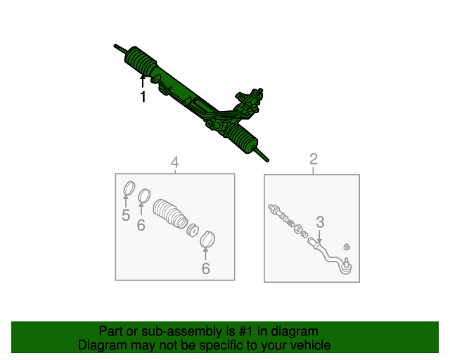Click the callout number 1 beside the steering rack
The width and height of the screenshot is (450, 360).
[x=143, y=96]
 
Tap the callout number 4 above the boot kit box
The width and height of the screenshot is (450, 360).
[x=175, y=162]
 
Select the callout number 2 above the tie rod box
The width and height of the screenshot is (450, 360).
[x=314, y=159]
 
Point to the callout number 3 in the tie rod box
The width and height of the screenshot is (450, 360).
[x=320, y=222]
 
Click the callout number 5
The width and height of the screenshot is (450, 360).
[x=126, y=215]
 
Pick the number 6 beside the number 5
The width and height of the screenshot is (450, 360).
[x=141, y=225]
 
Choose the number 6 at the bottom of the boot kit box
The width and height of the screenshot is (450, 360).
[x=206, y=269]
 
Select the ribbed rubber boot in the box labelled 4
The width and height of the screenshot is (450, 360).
[x=169, y=214]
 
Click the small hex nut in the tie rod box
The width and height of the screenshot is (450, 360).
[x=347, y=246]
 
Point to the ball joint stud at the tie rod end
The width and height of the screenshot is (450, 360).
[x=347, y=262]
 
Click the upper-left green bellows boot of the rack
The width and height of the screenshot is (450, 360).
[x=141, y=61]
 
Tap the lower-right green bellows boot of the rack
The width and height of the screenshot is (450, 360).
[x=242, y=137]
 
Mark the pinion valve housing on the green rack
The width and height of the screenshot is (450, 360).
[x=249, y=101]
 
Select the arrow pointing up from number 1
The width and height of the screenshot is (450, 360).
[x=143, y=81]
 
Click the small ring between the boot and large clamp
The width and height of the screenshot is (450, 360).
[x=192, y=230]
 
